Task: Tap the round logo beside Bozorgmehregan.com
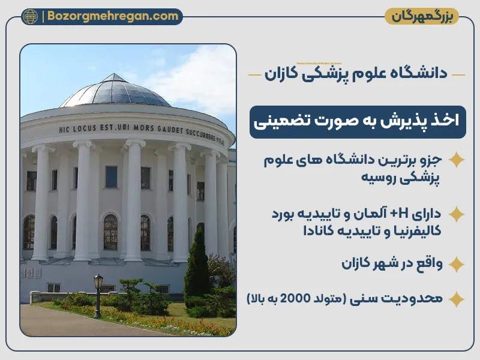(x=30, y=17)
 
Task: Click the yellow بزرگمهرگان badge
(x=421, y=16)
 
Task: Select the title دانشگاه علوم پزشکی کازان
(x=356, y=74)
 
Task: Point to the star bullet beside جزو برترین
(x=457, y=160)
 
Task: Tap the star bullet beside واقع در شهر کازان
(x=457, y=264)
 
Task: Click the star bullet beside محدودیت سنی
(x=457, y=298)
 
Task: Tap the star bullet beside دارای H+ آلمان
(x=457, y=214)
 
